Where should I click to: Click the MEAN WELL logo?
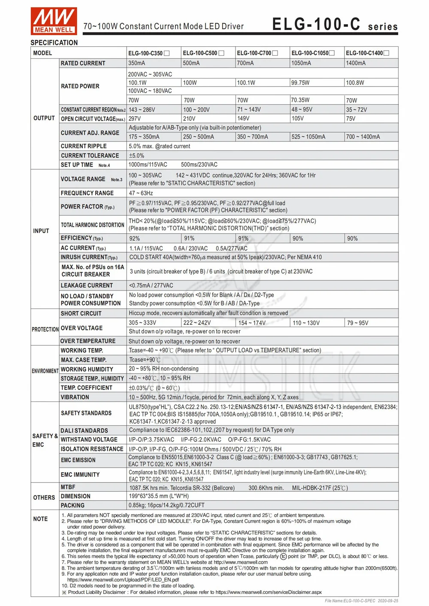pos(54,20)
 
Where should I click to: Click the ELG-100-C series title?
pos(335,24)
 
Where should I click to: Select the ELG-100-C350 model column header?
pos(145,53)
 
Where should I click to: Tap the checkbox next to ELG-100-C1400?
pos(387,53)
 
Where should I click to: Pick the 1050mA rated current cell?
pos(301,63)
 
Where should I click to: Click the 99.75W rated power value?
pos(300,83)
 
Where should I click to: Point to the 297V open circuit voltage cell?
pos(135,119)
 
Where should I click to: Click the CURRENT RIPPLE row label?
pos(84,146)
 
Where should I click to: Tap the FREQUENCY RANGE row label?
pos(87,193)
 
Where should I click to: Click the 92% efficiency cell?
pos(135,238)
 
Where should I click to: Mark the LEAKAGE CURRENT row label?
pos(87,285)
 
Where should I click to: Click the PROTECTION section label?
pos(45,329)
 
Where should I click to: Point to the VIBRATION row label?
pos(75,397)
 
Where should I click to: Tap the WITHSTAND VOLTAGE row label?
pos(89,440)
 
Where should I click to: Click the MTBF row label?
pos(68,487)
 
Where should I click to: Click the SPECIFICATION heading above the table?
pos(54,42)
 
